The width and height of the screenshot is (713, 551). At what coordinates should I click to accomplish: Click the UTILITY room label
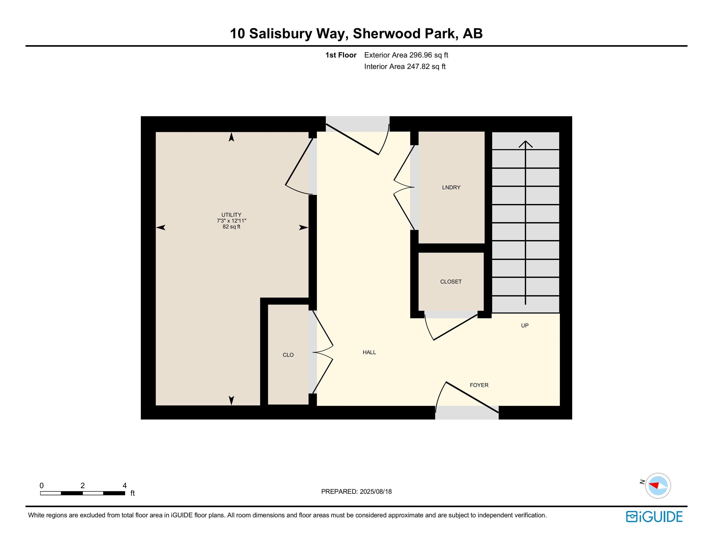click(232, 215)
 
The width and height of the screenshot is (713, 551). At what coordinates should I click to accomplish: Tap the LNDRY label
click(451, 187)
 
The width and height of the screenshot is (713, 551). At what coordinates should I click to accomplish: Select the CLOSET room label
click(451, 282)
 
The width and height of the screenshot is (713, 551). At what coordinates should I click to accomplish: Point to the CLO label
click(288, 355)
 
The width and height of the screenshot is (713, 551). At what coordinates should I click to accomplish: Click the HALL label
click(369, 352)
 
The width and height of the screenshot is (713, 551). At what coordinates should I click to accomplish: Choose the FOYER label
click(479, 385)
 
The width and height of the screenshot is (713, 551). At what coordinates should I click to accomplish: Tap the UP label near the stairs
click(525, 325)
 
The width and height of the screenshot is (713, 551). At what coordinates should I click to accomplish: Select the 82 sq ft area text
click(232, 226)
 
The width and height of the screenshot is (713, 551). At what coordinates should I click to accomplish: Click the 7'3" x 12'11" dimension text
click(232, 221)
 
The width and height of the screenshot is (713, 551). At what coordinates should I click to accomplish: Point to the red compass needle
click(654, 485)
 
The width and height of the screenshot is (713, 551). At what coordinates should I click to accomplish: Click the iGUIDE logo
click(654, 517)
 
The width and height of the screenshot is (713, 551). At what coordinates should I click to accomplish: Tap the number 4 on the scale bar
click(124, 485)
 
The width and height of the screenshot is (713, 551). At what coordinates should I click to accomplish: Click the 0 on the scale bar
click(41, 485)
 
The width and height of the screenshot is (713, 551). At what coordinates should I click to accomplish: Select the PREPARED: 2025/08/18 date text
click(356, 492)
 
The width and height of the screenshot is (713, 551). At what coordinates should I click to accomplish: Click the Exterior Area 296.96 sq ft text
click(406, 55)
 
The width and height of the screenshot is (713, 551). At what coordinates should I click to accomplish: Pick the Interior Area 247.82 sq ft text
click(405, 66)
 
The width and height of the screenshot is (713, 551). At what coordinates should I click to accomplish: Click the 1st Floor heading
click(341, 55)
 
